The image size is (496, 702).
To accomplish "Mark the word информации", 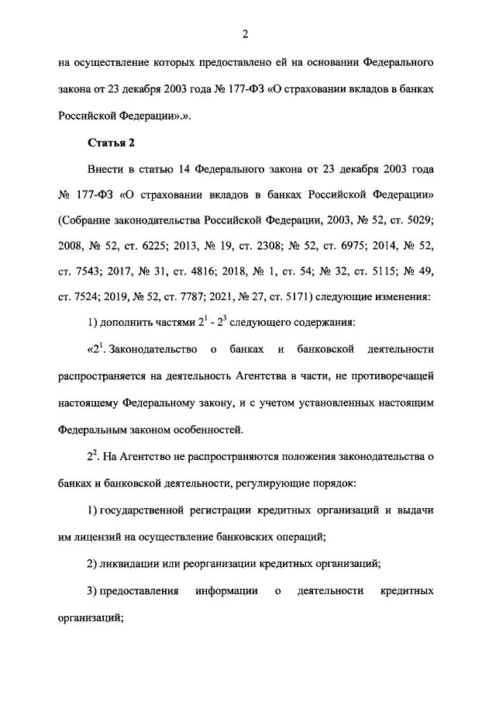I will pyautogui.click(x=226, y=592).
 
